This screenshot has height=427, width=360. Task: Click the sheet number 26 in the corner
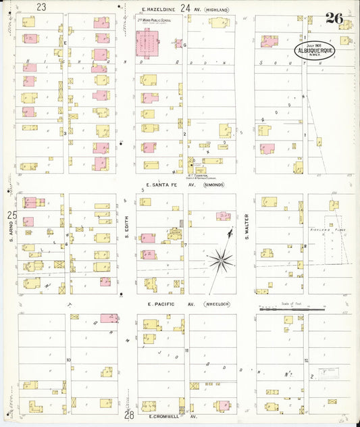pos(334,18)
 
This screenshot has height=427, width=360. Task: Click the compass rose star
pos(222,259)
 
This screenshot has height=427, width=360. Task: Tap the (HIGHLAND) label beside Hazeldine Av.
pos(217,9)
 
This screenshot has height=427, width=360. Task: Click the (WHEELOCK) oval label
pos(214,304)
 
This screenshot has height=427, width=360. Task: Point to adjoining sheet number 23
pos(42,7)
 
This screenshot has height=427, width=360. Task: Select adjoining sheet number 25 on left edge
pos(11,215)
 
